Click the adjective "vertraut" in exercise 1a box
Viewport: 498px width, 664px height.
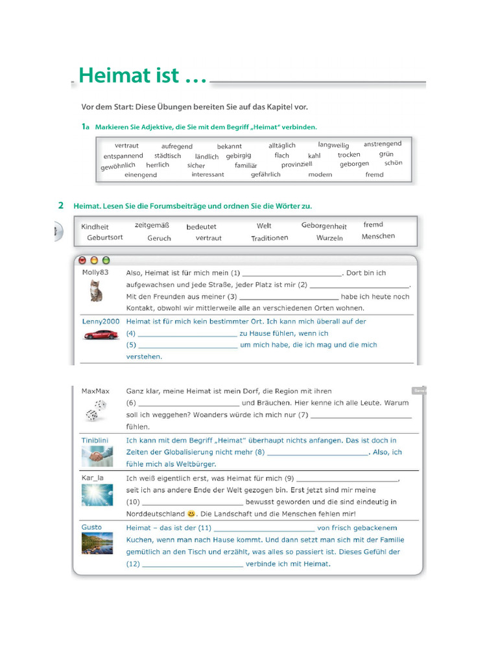(x=126, y=146)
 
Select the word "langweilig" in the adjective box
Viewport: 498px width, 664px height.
(x=333, y=145)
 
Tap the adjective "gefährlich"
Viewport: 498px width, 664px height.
(x=266, y=174)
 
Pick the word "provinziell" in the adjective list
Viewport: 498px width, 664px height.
(x=297, y=165)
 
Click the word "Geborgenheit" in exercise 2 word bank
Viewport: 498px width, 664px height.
(x=324, y=226)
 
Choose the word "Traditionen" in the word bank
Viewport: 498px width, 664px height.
(x=270, y=238)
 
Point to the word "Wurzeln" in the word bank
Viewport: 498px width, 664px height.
(x=329, y=238)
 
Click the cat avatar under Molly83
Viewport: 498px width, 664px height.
(x=95, y=291)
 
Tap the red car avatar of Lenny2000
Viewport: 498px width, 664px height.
(x=101, y=335)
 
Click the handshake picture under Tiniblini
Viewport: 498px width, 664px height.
(x=97, y=457)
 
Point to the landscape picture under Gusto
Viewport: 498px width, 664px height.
(x=97, y=543)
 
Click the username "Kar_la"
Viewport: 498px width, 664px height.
(x=93, y=478)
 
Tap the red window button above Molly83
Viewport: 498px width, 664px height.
(x=82, y=260)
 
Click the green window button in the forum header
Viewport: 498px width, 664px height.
(x=106, y=260)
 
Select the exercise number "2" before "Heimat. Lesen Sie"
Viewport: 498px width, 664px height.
(x=61, y=206)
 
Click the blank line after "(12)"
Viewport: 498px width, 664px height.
(x=192, y=565)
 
